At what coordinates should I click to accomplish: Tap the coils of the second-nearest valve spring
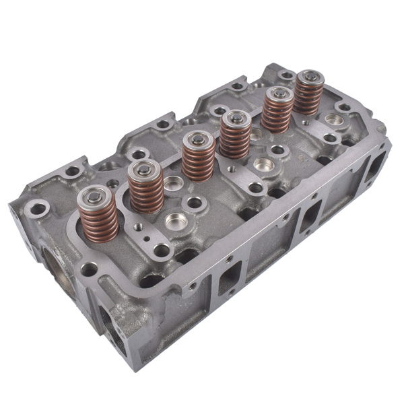click(x=146, y=191)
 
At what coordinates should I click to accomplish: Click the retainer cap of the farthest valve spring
click(x=309, y=78)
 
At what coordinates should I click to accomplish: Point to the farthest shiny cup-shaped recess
click(x=332, y=119)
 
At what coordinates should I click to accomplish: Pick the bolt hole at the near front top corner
click(x=89, y=269)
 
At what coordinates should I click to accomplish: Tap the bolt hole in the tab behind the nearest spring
click(x=71, y=172)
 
